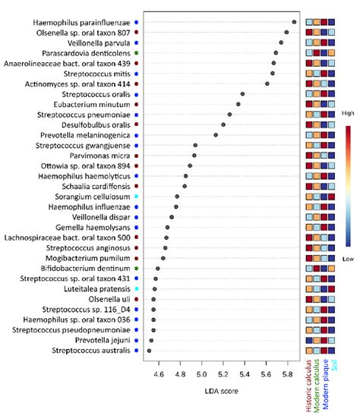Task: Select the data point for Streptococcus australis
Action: [x=149, y=351]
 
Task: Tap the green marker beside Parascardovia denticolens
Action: [x=136, y=53]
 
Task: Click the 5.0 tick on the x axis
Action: [x=201, y=374]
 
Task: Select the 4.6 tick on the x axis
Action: [x=159, y=374]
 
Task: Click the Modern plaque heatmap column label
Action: [x=328, y=389]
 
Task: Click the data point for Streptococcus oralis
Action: [x=242, y=94]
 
